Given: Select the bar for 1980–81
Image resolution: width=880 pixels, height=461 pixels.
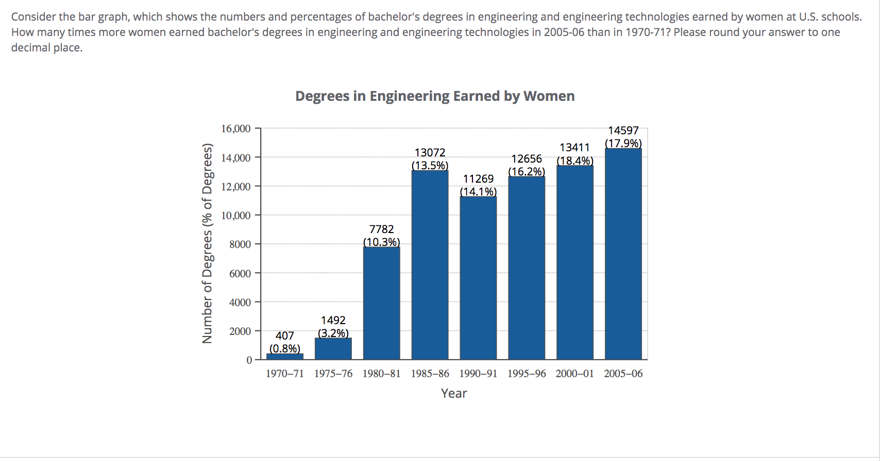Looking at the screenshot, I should [381, 303].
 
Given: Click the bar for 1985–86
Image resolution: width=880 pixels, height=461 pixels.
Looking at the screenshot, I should [430, 264].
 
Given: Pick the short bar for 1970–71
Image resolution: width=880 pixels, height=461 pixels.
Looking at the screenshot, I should [285, 356].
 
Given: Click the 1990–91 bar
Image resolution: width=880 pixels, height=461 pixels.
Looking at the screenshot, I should [478, 278].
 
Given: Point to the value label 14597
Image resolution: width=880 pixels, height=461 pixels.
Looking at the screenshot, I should [623, 131].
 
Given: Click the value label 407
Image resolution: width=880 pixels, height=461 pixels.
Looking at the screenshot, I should [284, 336].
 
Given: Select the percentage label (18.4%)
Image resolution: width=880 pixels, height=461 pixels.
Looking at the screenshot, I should [575, 161].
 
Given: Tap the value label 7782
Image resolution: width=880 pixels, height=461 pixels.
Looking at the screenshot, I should [381, 229].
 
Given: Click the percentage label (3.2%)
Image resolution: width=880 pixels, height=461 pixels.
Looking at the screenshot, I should [333, 333].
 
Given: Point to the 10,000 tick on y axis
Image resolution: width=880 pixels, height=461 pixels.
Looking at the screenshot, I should [236, 215].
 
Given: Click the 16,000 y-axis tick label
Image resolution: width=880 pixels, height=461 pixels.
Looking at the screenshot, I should [236, 129].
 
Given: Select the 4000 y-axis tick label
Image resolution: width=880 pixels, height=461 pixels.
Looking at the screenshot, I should [240, 302].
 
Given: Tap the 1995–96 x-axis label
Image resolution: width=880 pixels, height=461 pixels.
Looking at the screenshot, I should [526, 374].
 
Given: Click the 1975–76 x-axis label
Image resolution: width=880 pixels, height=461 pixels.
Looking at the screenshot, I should [333, 374].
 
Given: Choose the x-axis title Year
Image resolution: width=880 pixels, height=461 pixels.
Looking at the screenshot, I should [453, 394].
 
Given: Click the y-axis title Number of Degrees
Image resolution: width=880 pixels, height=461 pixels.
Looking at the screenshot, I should [207, 243].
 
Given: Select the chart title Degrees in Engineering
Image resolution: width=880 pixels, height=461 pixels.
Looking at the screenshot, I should [434, 96].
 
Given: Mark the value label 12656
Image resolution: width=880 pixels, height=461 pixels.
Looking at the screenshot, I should [526, 159].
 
